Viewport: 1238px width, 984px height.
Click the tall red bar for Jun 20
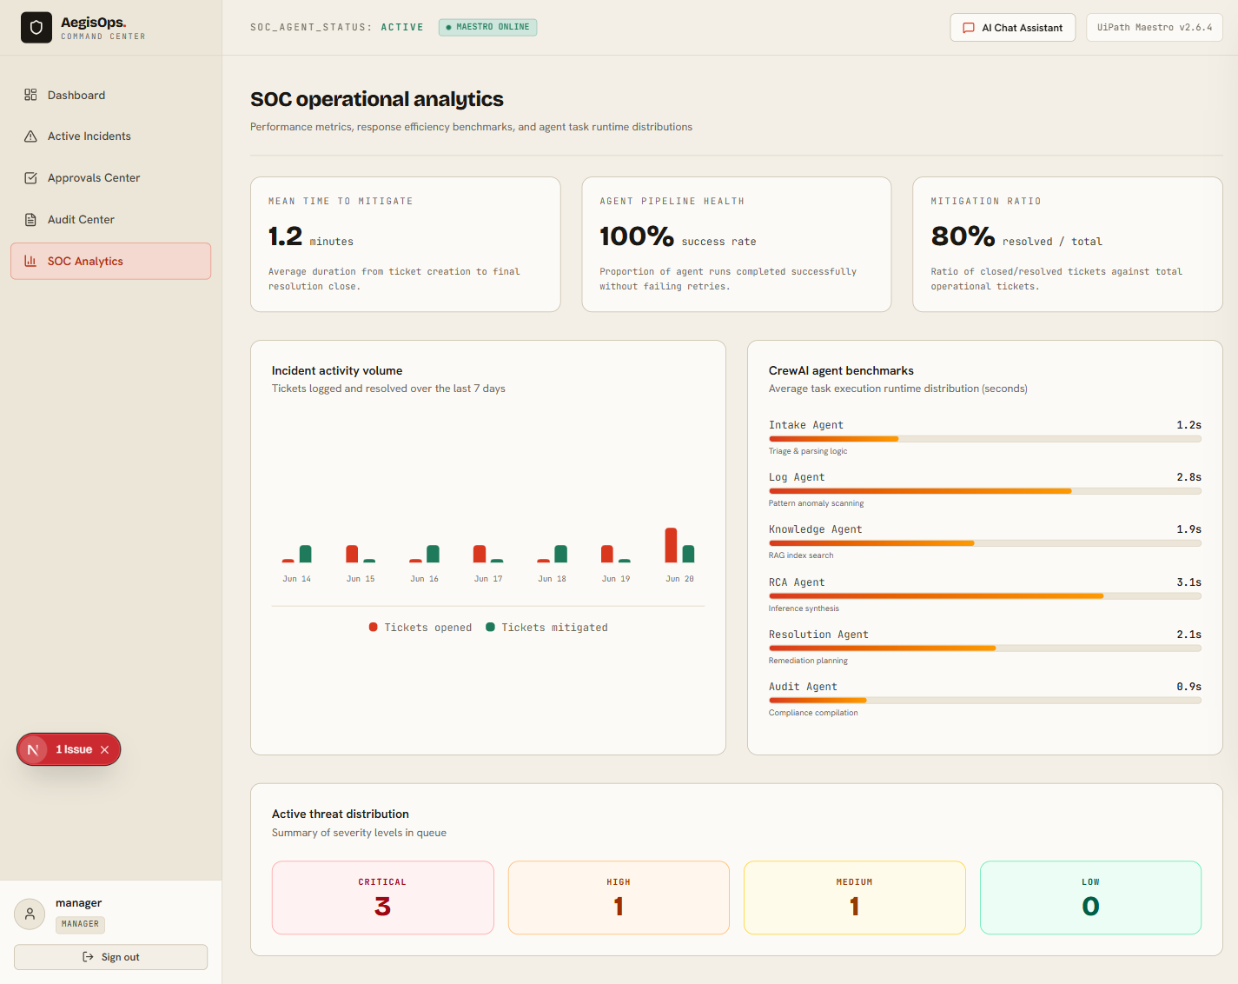[670, 545]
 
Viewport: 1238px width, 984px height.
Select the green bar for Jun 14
[306, 554]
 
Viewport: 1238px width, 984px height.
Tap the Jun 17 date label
[488, 579]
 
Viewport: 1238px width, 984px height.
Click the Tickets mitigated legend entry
[546, 627]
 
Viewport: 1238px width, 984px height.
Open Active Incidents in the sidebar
[89, 136]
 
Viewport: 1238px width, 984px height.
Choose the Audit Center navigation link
[81, 219]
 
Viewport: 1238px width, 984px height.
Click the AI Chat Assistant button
[1012, 28]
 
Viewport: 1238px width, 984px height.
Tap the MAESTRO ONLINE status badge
[488, 27]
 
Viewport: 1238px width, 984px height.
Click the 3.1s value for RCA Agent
[1188, 582]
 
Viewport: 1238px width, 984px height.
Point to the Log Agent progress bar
[984, 491]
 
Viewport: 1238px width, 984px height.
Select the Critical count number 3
[382, 907]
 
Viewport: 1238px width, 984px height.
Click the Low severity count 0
[1090, 907]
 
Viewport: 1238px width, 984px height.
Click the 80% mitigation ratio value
[963, 236]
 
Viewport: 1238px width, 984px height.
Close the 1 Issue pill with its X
[105, 749]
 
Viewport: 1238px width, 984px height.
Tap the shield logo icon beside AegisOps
[36, 28]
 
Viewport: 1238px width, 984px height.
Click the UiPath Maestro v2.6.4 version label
[1154, 28]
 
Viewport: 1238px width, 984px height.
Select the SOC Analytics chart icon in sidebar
[30, 261]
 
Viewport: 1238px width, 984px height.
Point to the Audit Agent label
[803, 687]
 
